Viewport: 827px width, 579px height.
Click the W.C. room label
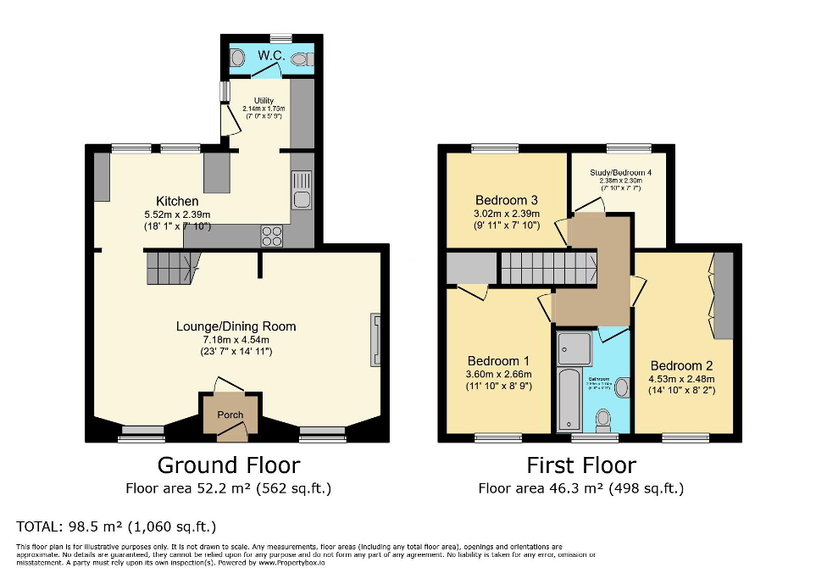tap(270, 56)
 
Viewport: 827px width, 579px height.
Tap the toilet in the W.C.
tap(302, 58)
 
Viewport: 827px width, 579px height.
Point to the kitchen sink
tap(302, 191)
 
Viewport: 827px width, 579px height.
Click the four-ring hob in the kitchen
tap(273, 236)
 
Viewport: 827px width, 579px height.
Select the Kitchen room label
tap(177, 201)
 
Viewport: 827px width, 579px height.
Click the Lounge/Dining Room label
tap(236, 326)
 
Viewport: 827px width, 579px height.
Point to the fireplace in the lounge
tap(375, 339)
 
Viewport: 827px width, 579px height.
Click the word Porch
tap(230, 415)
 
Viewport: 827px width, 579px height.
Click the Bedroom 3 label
tap(507, 200)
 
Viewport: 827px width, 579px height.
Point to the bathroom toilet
tap(604, 419)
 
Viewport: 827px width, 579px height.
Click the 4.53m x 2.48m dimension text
tap(680, 379)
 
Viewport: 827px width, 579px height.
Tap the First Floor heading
tap(580, 465)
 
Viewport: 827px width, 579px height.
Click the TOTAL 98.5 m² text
tap(116, 526)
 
